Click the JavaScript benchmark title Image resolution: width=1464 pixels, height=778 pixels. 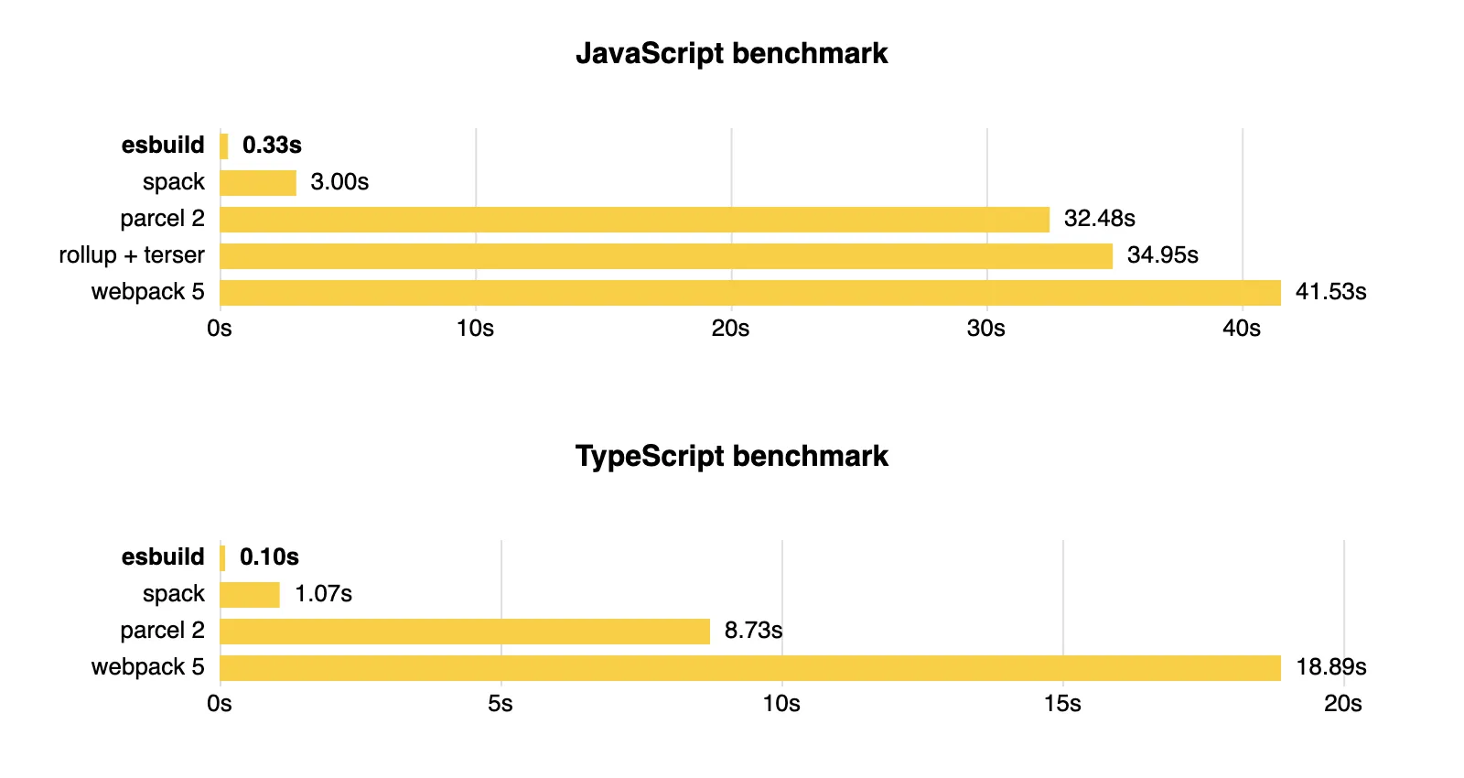click(x=731, y=53)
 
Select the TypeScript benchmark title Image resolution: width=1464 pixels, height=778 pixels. click(x=731, y=456)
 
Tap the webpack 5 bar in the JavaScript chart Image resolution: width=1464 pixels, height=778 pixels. click(x=750, y=293)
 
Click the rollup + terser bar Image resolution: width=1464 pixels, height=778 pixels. click(x=666, y=256)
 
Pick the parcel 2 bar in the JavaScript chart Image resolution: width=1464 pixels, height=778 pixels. click(x=634, y=220)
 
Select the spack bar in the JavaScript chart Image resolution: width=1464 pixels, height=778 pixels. click(x=258, y=183)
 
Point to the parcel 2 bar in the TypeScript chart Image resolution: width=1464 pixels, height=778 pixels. click(x=465, y=632)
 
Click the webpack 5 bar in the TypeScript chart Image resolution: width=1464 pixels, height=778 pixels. click(x=750, y=668)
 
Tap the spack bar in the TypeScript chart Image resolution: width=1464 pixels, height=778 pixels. click(x=250, y=595)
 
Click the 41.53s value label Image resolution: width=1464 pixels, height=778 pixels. click(x=1330, y=292)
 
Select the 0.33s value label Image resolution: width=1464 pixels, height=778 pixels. click(x=272, y=146)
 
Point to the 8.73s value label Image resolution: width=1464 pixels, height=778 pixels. click(x=753, y=631)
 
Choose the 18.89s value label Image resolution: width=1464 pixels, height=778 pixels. click(x=1330, y=667)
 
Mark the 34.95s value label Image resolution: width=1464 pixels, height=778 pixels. click(x=1162, y=255)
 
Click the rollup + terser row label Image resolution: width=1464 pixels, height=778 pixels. click(x=132, y=255)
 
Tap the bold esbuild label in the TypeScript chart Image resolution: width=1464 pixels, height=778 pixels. click(x=163, y=557)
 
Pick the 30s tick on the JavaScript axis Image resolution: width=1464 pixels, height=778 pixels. click(x=985, y=329)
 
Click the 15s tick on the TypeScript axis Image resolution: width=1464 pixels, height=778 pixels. click(x=1062, y=704)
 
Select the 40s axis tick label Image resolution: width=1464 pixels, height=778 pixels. click(x=1241, y=329)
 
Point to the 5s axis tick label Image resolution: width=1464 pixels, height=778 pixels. click(x=500, y=704)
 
